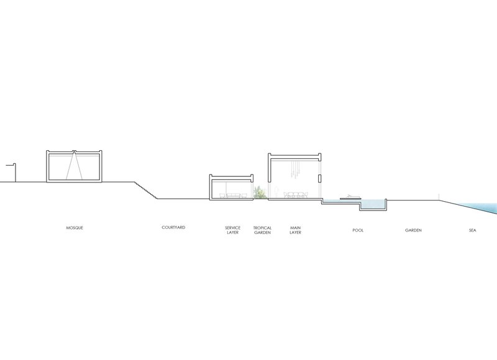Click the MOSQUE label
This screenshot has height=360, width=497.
tap(75, 228)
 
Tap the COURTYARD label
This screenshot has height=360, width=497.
tap(173, 227)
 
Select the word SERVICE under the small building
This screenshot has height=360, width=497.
tap(232, 228)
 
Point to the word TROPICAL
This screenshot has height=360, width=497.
tap(262, 228)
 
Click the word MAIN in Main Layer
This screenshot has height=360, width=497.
tap(296, 228)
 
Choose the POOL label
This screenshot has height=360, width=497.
tap(358, 230)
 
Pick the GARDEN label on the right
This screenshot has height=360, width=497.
tap(413, 230)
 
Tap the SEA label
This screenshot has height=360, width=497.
tap(473, 230)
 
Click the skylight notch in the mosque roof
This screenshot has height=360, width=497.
tap(74, 151)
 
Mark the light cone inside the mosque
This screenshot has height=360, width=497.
tap(74, 166)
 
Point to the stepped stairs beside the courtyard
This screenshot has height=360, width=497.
tap(146, 191)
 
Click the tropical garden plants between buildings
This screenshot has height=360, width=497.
tap(260, 192)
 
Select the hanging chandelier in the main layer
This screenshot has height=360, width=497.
tap(295, 169)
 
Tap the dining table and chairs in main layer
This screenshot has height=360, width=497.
tap(296, 195)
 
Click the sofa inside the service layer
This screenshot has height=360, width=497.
tap(233, 196)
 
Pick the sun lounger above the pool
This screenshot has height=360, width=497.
tap(350, 197)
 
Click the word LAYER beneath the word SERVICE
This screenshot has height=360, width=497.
tap(232, 232)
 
